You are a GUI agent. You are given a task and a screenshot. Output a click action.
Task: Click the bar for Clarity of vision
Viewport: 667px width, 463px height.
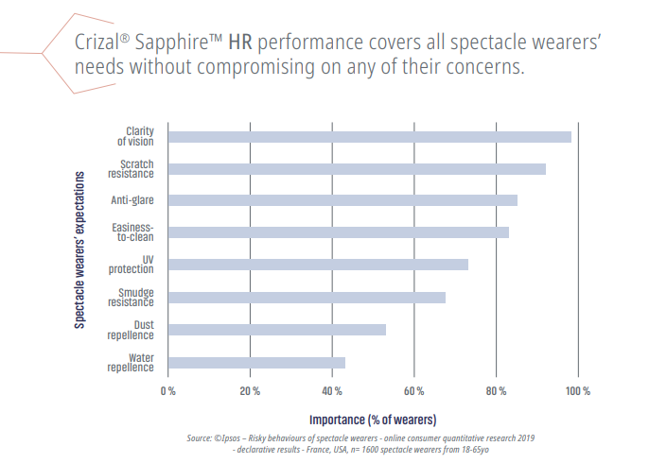369,137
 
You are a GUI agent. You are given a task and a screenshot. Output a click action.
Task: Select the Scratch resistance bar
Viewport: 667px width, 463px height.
357,169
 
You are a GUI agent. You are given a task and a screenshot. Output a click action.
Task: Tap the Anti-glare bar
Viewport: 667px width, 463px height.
342,200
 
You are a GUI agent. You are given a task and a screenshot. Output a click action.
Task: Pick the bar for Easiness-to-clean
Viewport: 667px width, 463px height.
338,232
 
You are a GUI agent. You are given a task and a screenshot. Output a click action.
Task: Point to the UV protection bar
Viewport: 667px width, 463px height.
318,265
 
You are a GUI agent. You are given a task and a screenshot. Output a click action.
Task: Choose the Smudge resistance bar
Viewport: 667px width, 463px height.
307,298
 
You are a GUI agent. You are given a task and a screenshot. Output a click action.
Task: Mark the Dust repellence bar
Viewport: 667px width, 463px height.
277,330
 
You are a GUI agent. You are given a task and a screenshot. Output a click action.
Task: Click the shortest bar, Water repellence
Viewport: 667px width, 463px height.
256,362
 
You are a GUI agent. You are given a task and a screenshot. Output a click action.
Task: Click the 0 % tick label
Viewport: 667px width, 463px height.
168,390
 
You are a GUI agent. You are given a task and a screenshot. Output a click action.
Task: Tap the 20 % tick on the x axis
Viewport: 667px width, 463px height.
250,390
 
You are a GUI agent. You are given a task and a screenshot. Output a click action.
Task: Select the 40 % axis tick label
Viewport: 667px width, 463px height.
332,390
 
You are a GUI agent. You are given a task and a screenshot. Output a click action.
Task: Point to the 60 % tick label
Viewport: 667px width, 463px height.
413,390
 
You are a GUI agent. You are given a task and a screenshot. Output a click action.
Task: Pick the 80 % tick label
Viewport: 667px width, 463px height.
496,390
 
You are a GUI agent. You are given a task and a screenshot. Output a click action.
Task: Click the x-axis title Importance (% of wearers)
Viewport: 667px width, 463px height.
373,418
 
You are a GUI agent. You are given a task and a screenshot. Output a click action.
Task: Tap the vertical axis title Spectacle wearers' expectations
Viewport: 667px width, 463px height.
82,249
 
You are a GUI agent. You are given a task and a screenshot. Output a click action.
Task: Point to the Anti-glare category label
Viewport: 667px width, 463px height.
132,200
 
